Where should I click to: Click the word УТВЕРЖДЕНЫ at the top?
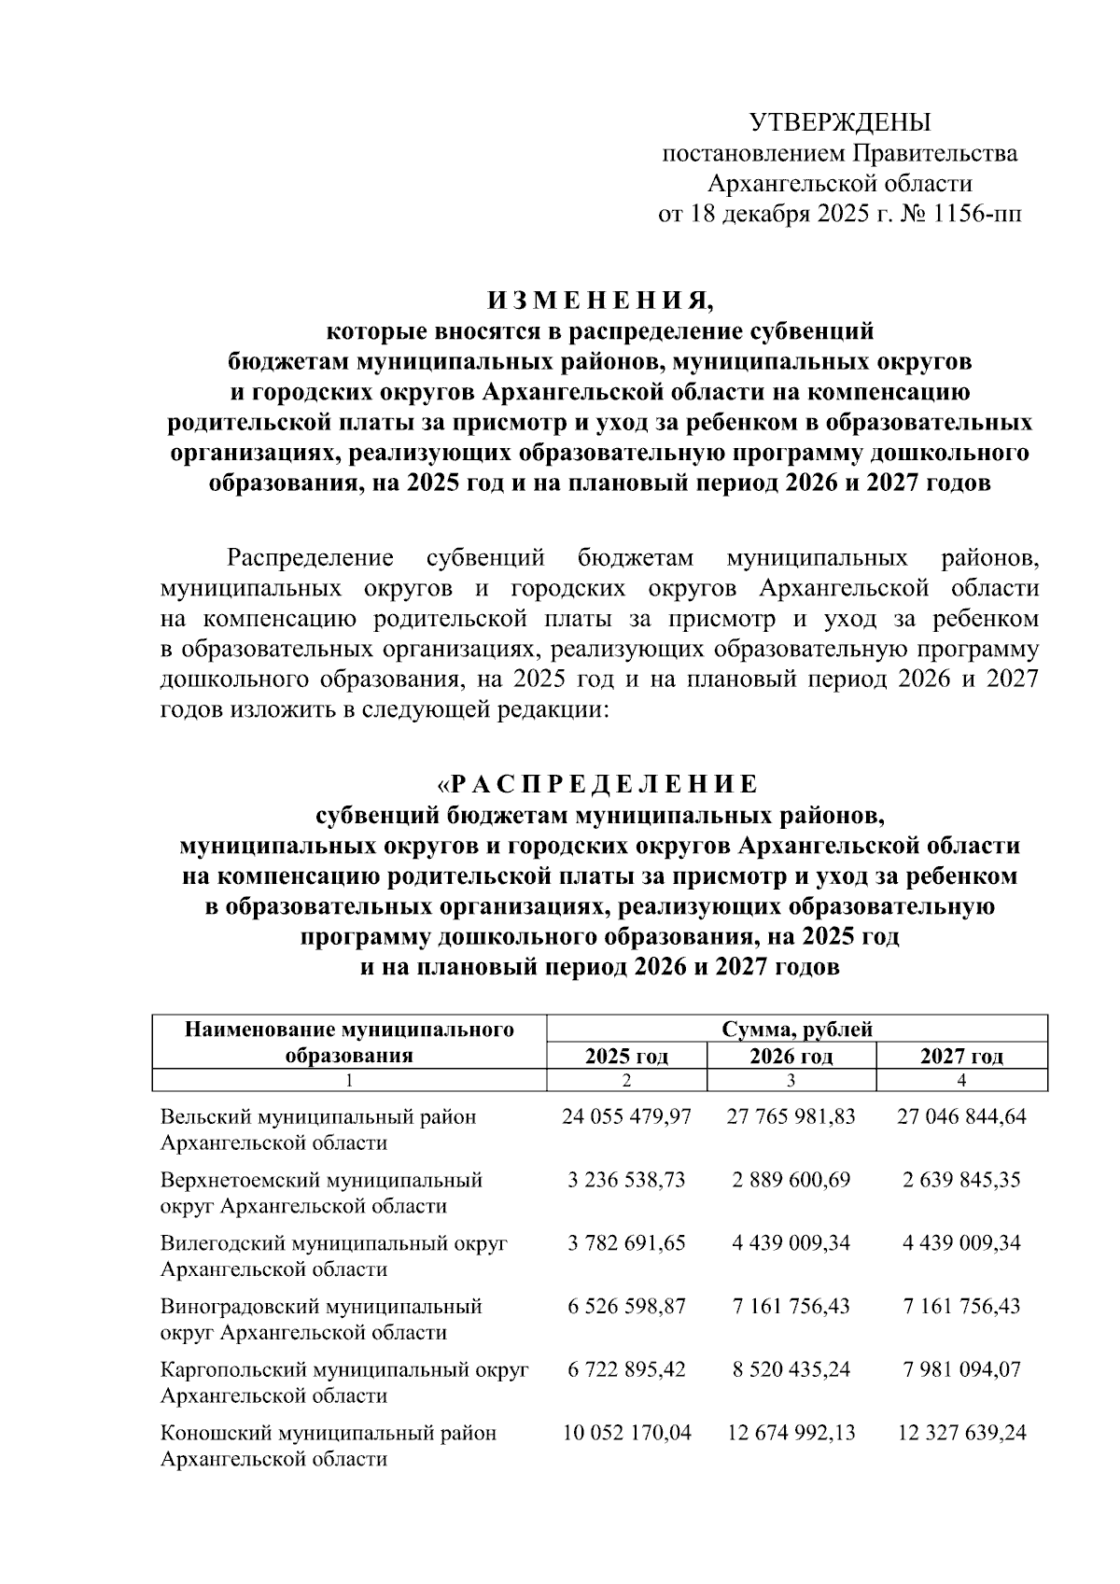[840, 122]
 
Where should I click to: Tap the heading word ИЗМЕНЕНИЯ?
[599, 301]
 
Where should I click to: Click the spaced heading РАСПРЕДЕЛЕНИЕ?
[605, 782]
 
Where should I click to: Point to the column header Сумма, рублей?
[797, 1030]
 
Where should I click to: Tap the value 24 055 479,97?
[626, 1116]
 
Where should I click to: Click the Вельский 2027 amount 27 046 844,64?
[961, 1116]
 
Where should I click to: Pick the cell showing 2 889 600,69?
[791, 1179]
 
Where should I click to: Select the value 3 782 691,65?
[626, 1242]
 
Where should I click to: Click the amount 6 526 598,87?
[626, 1306]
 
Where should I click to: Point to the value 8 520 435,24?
[791, 1369]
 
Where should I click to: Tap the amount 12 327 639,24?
[961, 1432]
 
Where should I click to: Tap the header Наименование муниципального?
[349, 1030]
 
